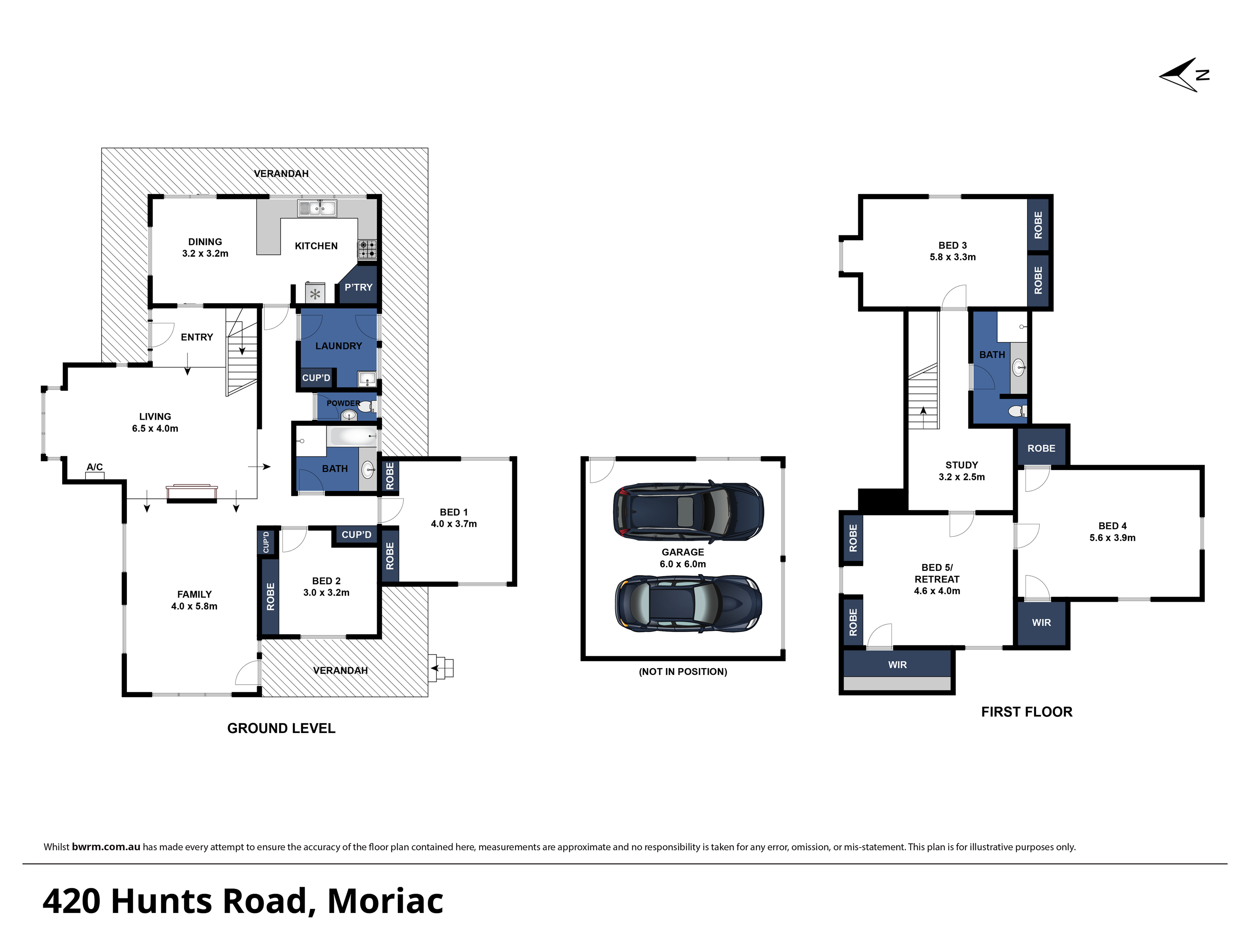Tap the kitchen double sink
point(317,208)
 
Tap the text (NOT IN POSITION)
point(683,672)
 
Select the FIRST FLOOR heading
point(1027,712)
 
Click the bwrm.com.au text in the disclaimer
point(106,847)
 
